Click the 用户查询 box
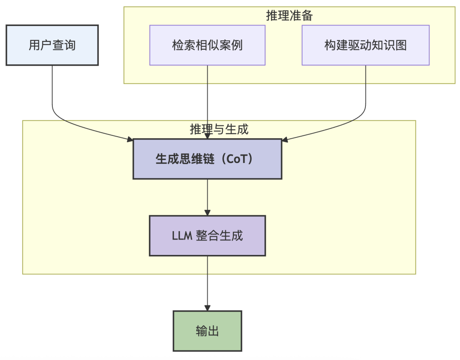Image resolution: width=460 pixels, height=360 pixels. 52,45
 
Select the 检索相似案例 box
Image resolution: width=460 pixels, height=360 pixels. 207,45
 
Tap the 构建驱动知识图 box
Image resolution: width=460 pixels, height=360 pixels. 365,45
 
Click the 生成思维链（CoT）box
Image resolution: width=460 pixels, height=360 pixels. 207,159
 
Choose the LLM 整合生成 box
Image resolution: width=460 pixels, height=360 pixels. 207,235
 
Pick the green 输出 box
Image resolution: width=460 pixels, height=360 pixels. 207,331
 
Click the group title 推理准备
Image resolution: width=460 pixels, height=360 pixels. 290,16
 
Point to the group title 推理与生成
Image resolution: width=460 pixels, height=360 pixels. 219,129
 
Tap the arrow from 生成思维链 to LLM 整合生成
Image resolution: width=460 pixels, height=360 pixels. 207,196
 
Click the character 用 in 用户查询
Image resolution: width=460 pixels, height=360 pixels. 34,45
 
